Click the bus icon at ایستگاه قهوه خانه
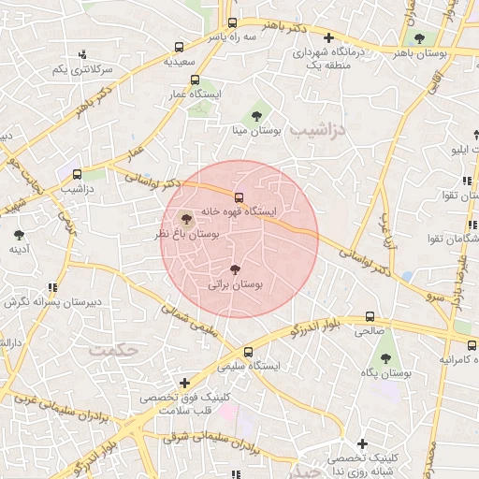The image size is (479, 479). coord(239,197)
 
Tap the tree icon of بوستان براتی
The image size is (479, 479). coord(234,269)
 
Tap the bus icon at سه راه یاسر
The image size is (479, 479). coord(232,22)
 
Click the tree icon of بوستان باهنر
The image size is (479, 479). coord(417,38)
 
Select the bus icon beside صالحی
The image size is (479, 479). coord(370,316)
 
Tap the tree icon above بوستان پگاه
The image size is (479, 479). coord(385,357)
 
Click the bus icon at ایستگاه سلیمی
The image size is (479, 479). coord(247,352)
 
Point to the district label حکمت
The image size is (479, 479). coord(113,349)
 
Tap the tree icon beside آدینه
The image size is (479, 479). coord(19,234)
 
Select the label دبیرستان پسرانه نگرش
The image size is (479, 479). coord(51,302)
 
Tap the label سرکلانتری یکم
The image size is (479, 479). coord(81,70)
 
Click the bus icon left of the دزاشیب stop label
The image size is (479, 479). coord(77,173)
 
